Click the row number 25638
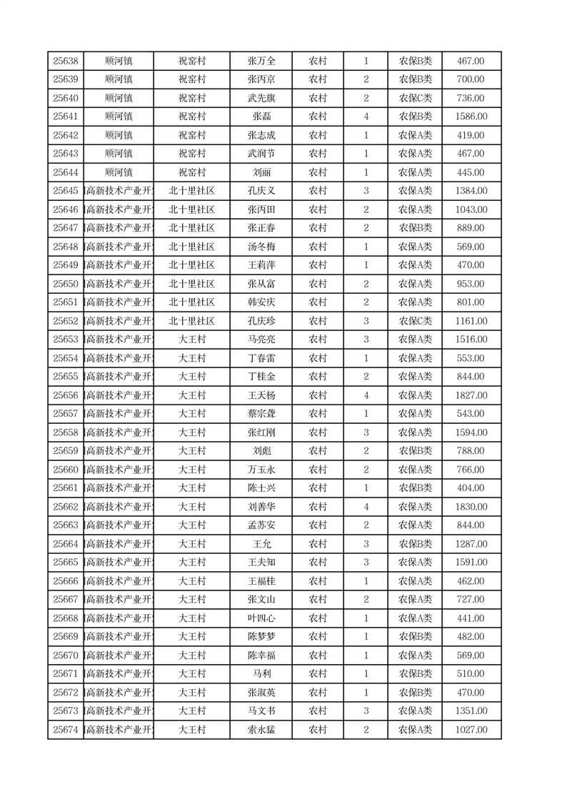coord(65,61)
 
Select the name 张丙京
coord(261,79)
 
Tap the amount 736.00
coord(471,98)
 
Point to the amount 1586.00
coord(471,117)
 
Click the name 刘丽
coord(261,172)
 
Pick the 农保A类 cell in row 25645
coord(415,191)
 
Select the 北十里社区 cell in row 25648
coord(191,247)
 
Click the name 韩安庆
coord(261,302)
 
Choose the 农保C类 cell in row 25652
coord(415,321)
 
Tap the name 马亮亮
coord(261,340)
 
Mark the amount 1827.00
coord(471,395)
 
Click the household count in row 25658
coord(366,432)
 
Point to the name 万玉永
coord(261,470)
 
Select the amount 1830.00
coord(471,507)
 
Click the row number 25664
coord(65,544)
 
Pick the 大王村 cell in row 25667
coord(191,600)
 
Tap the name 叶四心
coord(261,618)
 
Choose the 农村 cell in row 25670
coord(317,655)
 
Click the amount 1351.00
coord(471,711)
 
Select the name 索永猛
coord(261,730)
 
